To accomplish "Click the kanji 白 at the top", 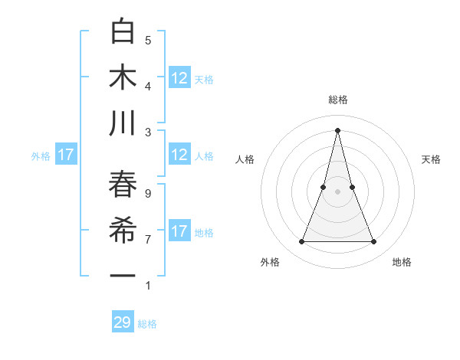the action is tap(123, 33).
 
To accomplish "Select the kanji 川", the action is tap(123, 123).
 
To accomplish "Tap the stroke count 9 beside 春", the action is tap(148, 194).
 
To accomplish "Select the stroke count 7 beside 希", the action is tap(148, 240).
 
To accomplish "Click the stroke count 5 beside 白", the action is tap(148, 40).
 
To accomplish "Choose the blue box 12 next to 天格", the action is tap(179, 78).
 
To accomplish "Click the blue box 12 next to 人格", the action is tap(179, 155).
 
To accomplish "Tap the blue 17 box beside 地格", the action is tap(179, 231).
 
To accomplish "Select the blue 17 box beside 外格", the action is tap(66, 155).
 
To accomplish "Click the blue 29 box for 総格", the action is tap(123, 322).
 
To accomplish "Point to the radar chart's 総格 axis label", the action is tap(338, 100).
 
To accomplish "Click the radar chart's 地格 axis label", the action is tap(402, 263).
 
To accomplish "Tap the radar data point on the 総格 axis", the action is tap(338, 129).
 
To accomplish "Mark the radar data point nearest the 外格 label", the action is tap(301, 242).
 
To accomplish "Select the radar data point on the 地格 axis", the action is tap(374, 242).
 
